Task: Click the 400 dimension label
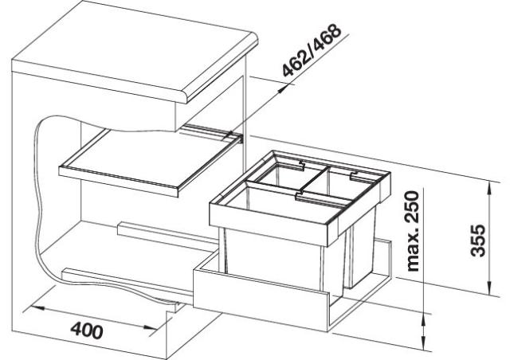coord(87,330)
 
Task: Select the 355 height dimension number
coord(478,240)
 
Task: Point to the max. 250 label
coord(413,231)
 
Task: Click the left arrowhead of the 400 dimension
coord(37,307)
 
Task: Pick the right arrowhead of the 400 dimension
coord(151,328)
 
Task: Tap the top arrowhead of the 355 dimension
coord(488,190)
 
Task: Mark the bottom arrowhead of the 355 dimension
coord(488,288)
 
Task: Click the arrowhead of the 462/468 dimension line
coord(283,88)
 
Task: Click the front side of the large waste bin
coord(273,260)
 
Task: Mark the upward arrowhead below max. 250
coord(423,323)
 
